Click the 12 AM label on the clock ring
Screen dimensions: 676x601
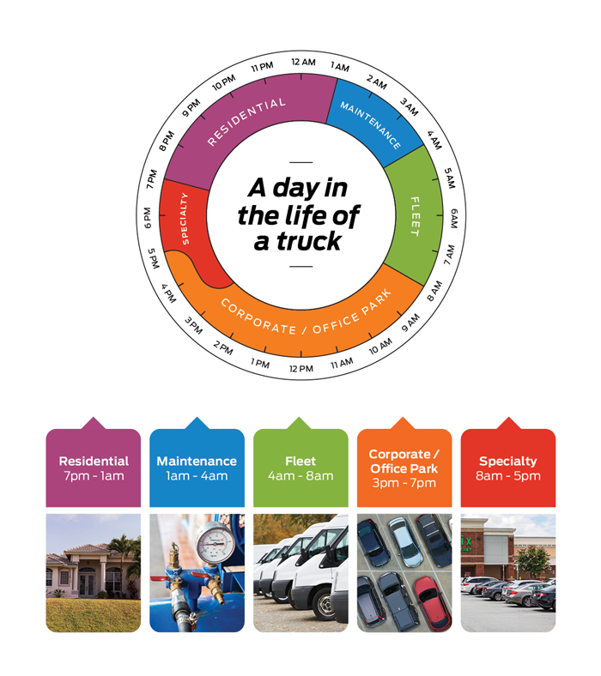click(303, 62)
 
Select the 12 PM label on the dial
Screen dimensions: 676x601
click(301, 368)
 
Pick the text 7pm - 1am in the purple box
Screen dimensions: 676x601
click(93, 476)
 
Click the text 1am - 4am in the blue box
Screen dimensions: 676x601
click(197, 476)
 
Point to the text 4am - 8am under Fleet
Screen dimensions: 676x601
click(300, 476)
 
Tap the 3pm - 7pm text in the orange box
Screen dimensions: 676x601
click(404, 483)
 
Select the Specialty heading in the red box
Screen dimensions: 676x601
click(508, 462)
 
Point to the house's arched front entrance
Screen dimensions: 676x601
click(87, 582)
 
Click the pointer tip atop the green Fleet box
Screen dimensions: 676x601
click(300, 419)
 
